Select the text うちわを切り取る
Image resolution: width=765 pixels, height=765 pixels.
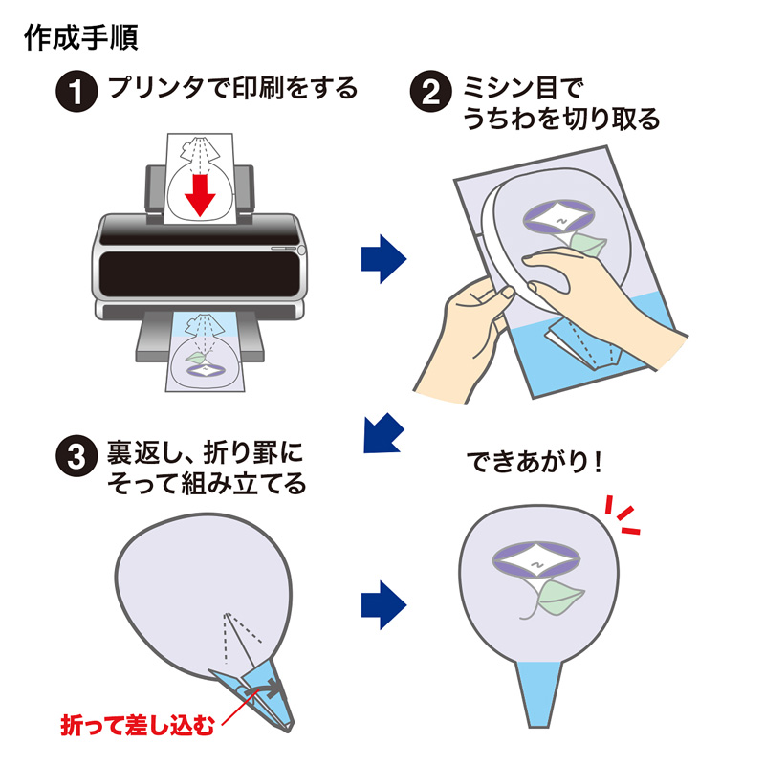(x=561, y=120)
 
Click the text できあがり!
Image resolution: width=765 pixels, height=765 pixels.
(x=535, y=463)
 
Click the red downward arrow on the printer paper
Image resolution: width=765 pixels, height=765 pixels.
(x=199, y=192)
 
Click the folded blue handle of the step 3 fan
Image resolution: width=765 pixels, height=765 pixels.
(x=253, y=684)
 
